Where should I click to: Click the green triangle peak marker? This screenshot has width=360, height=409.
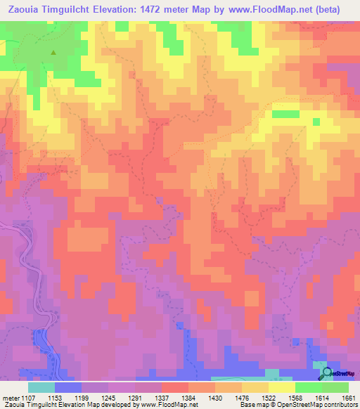click(x=53, y=51)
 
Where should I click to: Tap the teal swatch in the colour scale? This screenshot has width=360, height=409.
click(x=41, y=387)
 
